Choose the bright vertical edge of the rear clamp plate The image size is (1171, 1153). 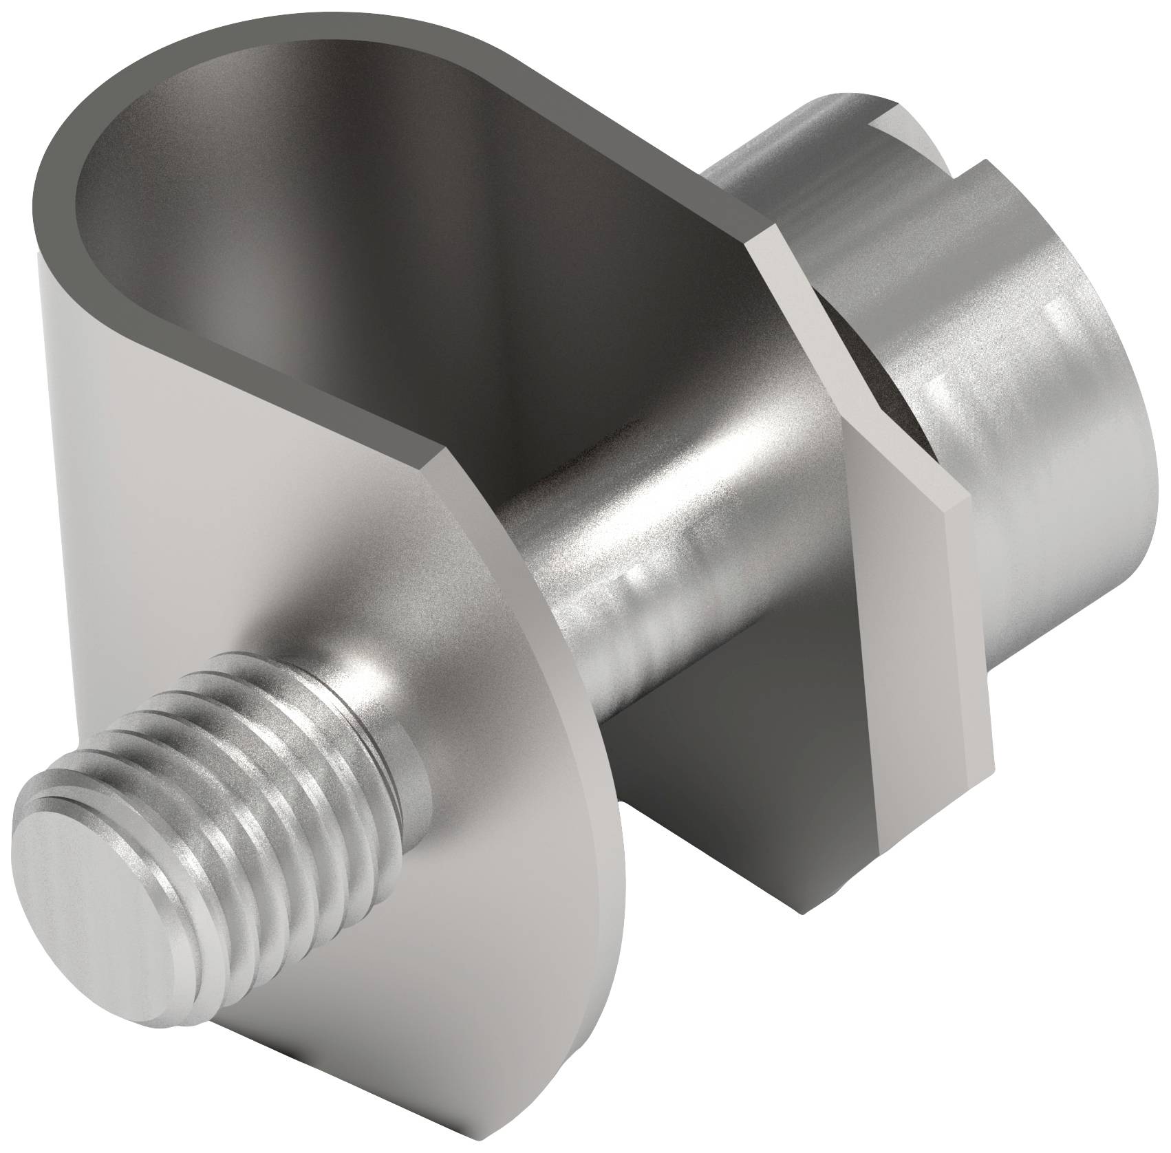coord(915,688)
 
